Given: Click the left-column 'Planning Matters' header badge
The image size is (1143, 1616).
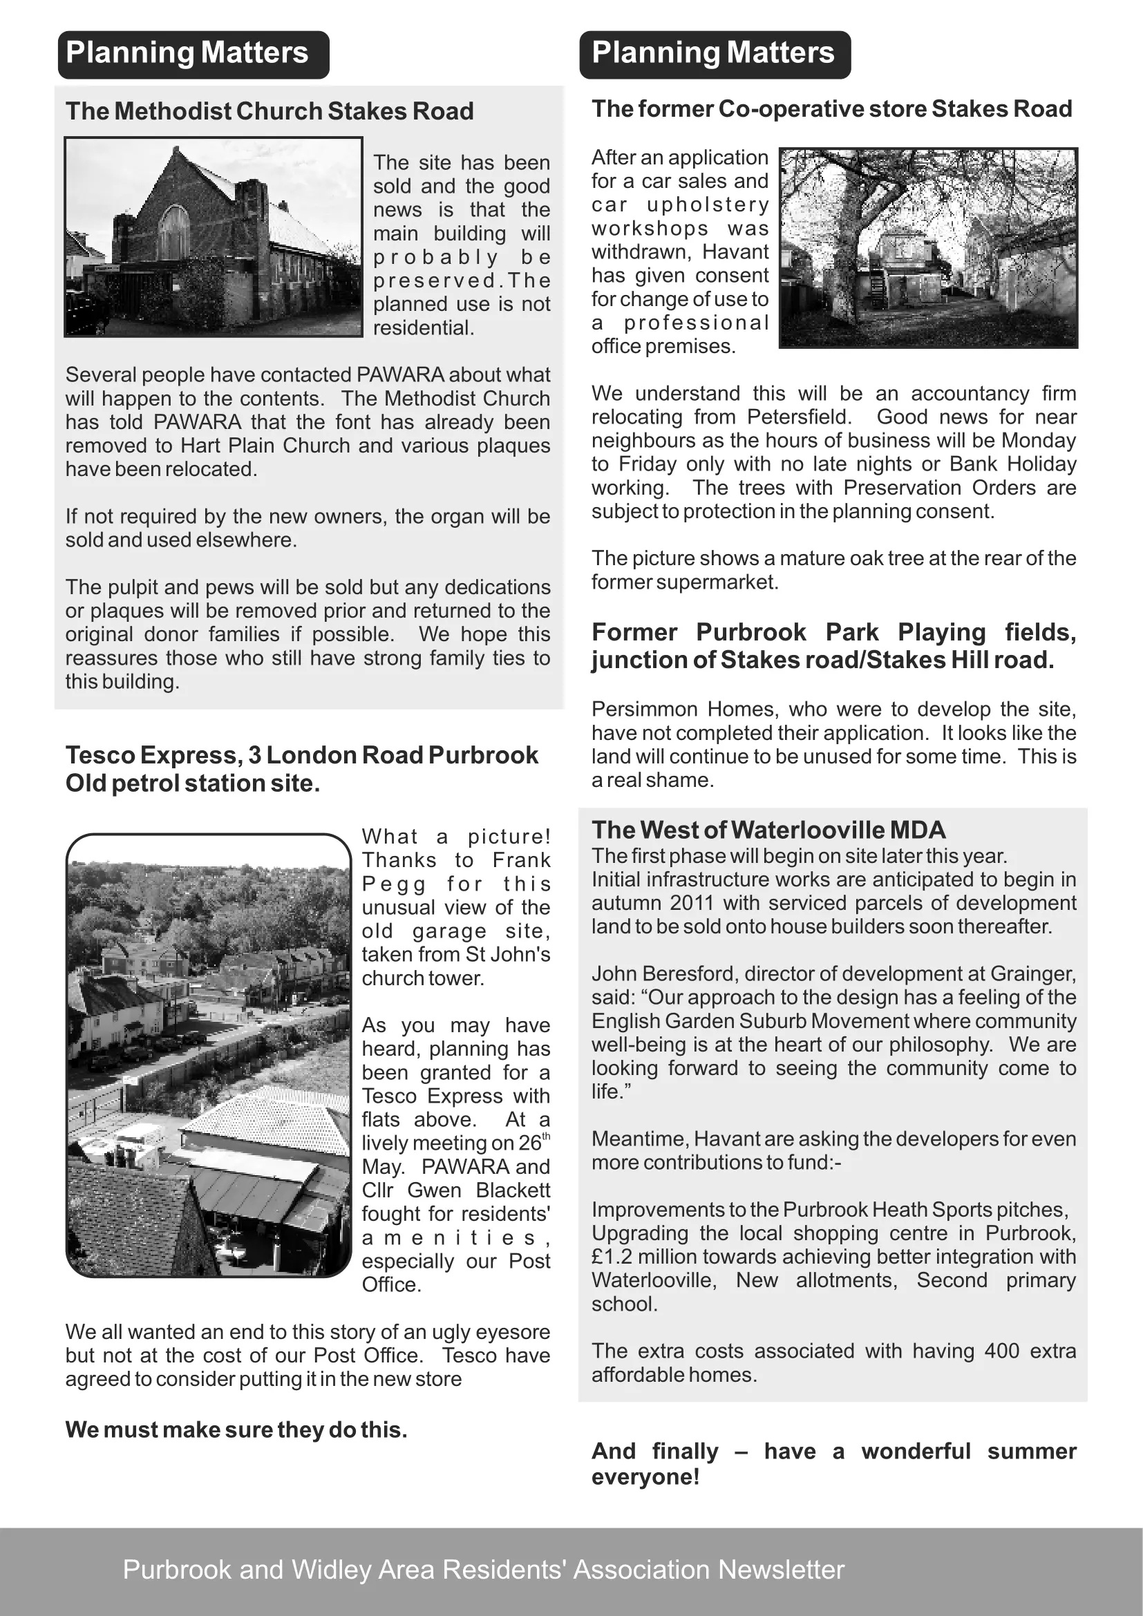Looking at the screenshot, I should click(x=193, y=54).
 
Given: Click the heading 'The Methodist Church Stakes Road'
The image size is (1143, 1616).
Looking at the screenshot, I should click(x=270, y=111).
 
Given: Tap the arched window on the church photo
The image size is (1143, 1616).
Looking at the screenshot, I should click(x=174, y=233).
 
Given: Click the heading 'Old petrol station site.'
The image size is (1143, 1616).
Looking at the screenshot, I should click(x=193, y=783).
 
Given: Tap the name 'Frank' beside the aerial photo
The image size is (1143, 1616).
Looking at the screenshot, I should click(x=521, y=860).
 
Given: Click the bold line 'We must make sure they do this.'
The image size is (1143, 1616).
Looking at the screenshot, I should click(x=236, y=1430).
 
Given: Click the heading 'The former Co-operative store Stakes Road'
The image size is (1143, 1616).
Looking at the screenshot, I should click(x=831, y=109).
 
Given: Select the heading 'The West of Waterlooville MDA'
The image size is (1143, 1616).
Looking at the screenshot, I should click(x=768, y=830).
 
